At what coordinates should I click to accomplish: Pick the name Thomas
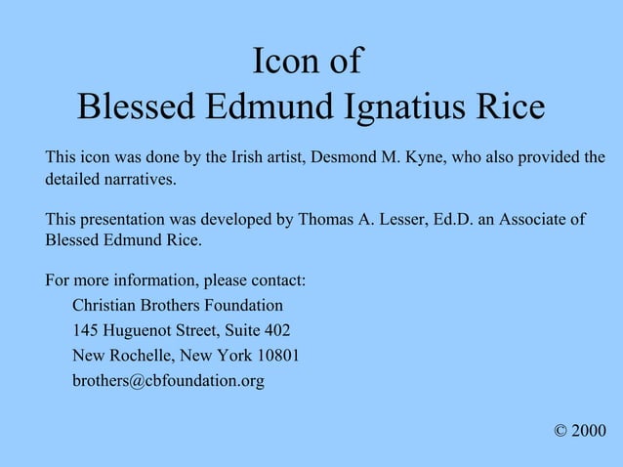tap(324, 219)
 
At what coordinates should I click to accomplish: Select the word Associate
tap(537, 219)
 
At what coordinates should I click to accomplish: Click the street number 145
tap(86, 330)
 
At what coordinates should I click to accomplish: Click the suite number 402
tap(276, 330)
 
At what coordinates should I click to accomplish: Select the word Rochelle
tap(143, 355)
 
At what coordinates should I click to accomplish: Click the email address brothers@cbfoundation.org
tap(168, 380)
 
